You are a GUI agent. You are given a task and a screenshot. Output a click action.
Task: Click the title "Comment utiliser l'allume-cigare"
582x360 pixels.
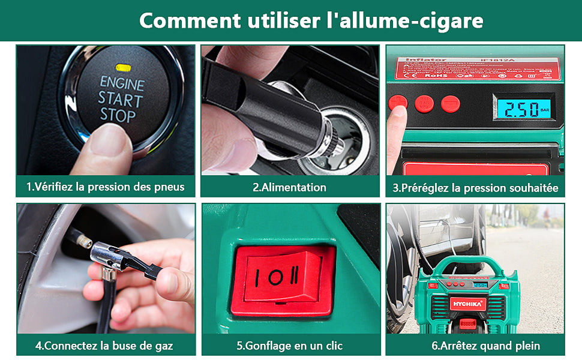point(311,20)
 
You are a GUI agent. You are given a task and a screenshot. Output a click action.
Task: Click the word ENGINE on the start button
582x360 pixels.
point(122,82)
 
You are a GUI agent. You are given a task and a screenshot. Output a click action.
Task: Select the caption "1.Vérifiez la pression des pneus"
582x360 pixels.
point(106,187)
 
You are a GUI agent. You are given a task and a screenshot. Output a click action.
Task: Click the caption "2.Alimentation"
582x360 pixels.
point(289,187)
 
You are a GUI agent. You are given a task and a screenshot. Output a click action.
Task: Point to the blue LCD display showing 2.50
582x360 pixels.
point(520,109)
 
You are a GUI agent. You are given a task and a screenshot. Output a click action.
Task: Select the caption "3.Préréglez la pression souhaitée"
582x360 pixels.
point(475,188)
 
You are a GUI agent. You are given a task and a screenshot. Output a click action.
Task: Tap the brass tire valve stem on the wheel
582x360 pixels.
point(82,241)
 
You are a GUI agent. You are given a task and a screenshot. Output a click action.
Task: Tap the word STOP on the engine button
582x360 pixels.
point(118,115)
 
